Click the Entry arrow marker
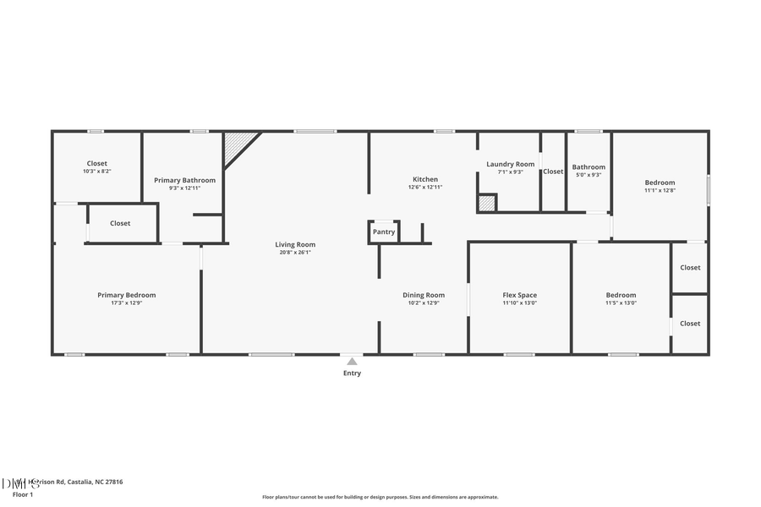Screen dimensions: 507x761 [x=352, y=362]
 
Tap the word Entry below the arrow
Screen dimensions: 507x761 [x=352, y=373]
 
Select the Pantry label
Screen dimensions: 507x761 [x=384, y=232]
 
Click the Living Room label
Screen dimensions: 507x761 [x=295, y=245]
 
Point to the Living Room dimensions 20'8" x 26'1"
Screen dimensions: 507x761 [x=295, y=253]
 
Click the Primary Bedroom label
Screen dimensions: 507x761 [x=127, y=295]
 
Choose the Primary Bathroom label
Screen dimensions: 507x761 [x=184, y=180]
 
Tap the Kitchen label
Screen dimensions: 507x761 [x=425, y=179]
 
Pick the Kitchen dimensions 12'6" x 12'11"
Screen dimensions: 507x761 [x=425, y=187]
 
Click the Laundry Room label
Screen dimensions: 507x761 [x=511, y=164]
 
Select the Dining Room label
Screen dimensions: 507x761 [x=424, y=295]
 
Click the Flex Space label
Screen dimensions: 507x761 [x=520, y=295]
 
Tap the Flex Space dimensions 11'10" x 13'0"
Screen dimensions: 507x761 [x=520, y=303]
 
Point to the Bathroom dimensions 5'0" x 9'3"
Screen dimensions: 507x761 [x=589, y=175]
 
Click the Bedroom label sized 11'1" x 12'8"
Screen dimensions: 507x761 [x=660, y=183]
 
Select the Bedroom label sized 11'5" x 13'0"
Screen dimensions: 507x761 [x=621, y=295]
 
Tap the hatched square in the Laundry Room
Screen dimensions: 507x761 [x=486, y=203]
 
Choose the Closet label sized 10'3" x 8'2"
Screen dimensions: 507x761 [x=96, y=163]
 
